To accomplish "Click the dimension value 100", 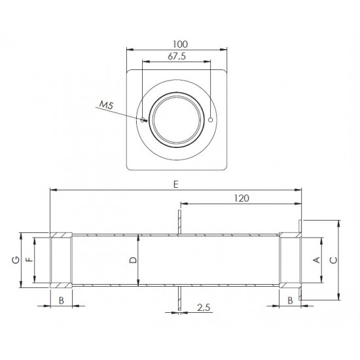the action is coord(180,45).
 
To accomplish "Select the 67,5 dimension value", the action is coord(177,56).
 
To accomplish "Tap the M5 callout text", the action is coord(106,105).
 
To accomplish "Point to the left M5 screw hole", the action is coord(143,120).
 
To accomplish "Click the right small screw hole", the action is coord(210,120).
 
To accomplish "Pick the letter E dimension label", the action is coord(175,185).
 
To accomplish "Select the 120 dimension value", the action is coord(242,198).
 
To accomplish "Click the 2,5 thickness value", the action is coord(204,308).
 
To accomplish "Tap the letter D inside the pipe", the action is coord(133,260).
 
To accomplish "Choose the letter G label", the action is coord(16,260).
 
